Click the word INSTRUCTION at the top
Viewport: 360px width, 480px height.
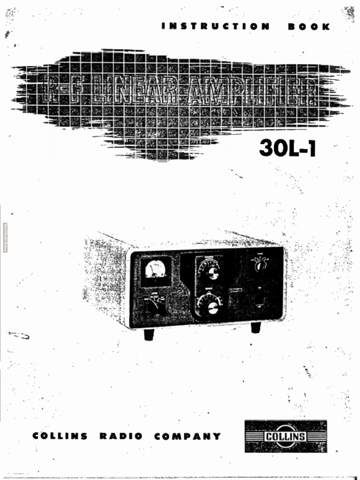tap(216, 27)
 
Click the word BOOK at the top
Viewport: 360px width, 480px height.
tap(309, 27)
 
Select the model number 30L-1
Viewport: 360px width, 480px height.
tap(287, 149)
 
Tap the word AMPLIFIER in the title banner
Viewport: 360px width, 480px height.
tap(250, 91)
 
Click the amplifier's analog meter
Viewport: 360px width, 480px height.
tap(155, 270)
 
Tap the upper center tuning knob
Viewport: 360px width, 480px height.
tap(211, 272)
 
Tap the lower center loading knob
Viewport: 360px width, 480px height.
tap(211, 306)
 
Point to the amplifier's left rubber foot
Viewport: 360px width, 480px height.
tap(149, 334)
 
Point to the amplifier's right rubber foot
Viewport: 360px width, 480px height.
tap(255, 328)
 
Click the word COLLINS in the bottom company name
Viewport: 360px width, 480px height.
tap(60, 436)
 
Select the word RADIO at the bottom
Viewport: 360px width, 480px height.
tap(121, 436)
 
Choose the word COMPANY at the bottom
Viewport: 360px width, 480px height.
tap(187, 436)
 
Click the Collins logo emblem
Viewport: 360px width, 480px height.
tap(285, 436)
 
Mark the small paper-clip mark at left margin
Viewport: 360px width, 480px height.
tap(19, 335)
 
